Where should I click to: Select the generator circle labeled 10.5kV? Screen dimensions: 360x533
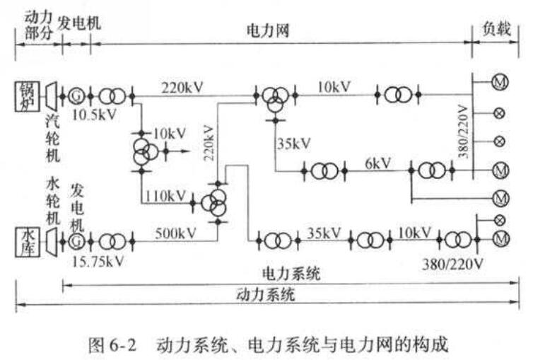pos(76,93)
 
